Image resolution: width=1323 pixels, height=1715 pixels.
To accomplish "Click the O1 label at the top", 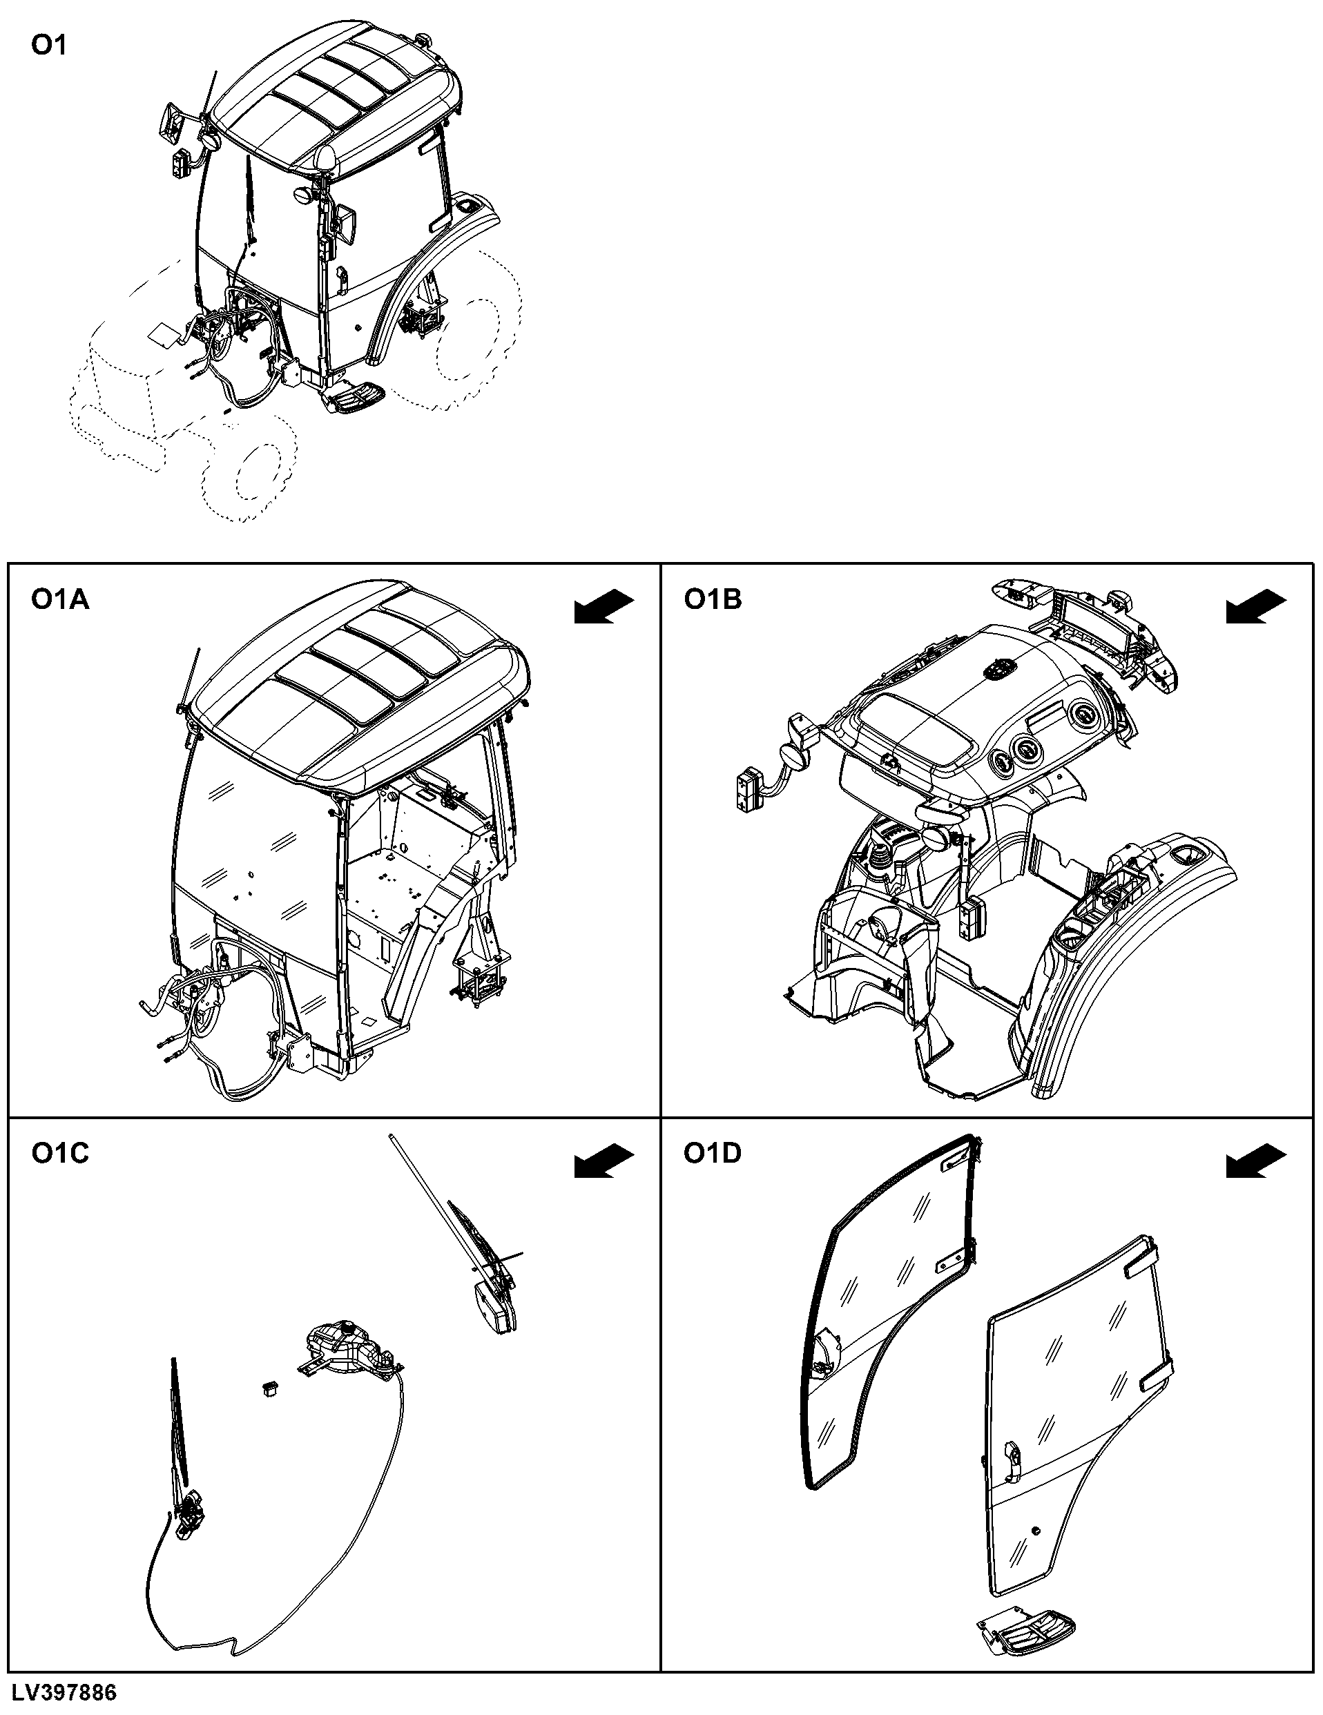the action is click(x=48, y=46).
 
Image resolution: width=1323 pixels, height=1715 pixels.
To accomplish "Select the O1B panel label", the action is click(x=713, y=600).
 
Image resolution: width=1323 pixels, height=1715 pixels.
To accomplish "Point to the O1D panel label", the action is click(x=713, y=1154).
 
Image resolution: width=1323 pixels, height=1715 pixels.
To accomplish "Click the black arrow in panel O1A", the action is click(x=603, y=607).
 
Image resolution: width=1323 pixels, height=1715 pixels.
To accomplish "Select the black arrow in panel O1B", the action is click(x=1256, y=607).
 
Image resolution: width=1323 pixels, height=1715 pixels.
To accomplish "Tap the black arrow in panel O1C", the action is click(x=603, y=1161).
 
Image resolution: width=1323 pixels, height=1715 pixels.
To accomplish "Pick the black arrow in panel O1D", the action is click(x=1256, y=1161).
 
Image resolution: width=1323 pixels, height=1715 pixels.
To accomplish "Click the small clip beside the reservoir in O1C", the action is click(x=269, y=1388).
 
